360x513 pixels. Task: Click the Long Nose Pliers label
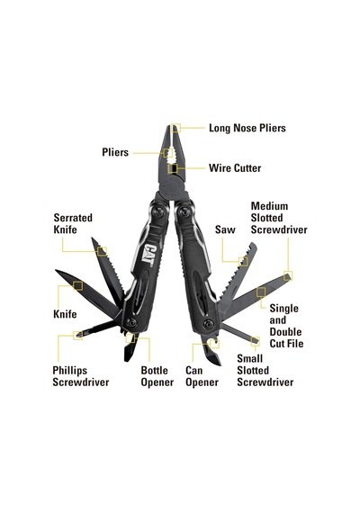(247, 128)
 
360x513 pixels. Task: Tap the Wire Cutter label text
(235, 168)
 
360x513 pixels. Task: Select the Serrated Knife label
(73, 223)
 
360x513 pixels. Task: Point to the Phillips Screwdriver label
(81, 376)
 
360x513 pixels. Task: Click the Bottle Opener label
(157, 376)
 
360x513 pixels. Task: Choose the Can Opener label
(202, 376)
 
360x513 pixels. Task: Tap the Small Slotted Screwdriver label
(265, 371)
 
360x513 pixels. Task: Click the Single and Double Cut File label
(286, 326)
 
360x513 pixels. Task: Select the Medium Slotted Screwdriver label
(279, 218)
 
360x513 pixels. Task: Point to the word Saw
(225, 229)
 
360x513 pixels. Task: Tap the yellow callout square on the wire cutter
(173, 168)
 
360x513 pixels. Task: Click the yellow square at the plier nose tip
(176, 128)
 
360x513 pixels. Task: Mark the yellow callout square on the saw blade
(244, 261)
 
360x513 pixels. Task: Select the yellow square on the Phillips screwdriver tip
(78, 336)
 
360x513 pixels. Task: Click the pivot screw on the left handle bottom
(132, 322)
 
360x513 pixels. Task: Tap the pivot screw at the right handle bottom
(208, 324)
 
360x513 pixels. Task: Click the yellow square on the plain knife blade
(78, 285)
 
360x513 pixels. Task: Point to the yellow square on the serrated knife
(103, 251)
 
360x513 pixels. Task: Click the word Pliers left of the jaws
(115, 152)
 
